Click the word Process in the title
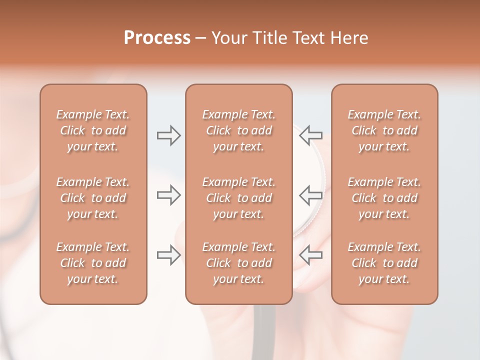(157, 38)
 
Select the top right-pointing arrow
(168, 135)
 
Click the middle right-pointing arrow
(168, 195)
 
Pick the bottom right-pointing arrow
(168, 255)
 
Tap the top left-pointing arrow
(311, 135)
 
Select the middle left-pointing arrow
(311, 195)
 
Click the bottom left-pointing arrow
(311, 255)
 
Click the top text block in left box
(93, 130)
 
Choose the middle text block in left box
(93, 198)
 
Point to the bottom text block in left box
(93, 263)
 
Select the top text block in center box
(238, 130)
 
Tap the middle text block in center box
(238, 198)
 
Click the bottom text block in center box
(238, 263)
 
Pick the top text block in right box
(384, 130)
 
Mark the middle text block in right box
(384, 198)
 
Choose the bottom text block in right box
(384, 263)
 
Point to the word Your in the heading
(228, 38)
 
